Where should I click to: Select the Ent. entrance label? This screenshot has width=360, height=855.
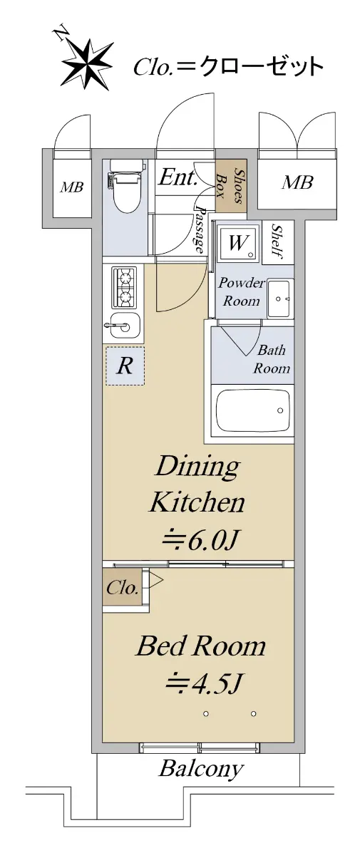click(178, 177)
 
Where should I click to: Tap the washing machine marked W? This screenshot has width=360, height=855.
click(238, 243)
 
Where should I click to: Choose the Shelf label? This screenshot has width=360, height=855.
click(278, 242)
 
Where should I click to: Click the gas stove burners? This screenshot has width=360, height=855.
click(124, 287)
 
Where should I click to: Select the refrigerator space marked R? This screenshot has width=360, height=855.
click(125, 366)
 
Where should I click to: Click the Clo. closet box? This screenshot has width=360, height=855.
click(123, 589)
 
